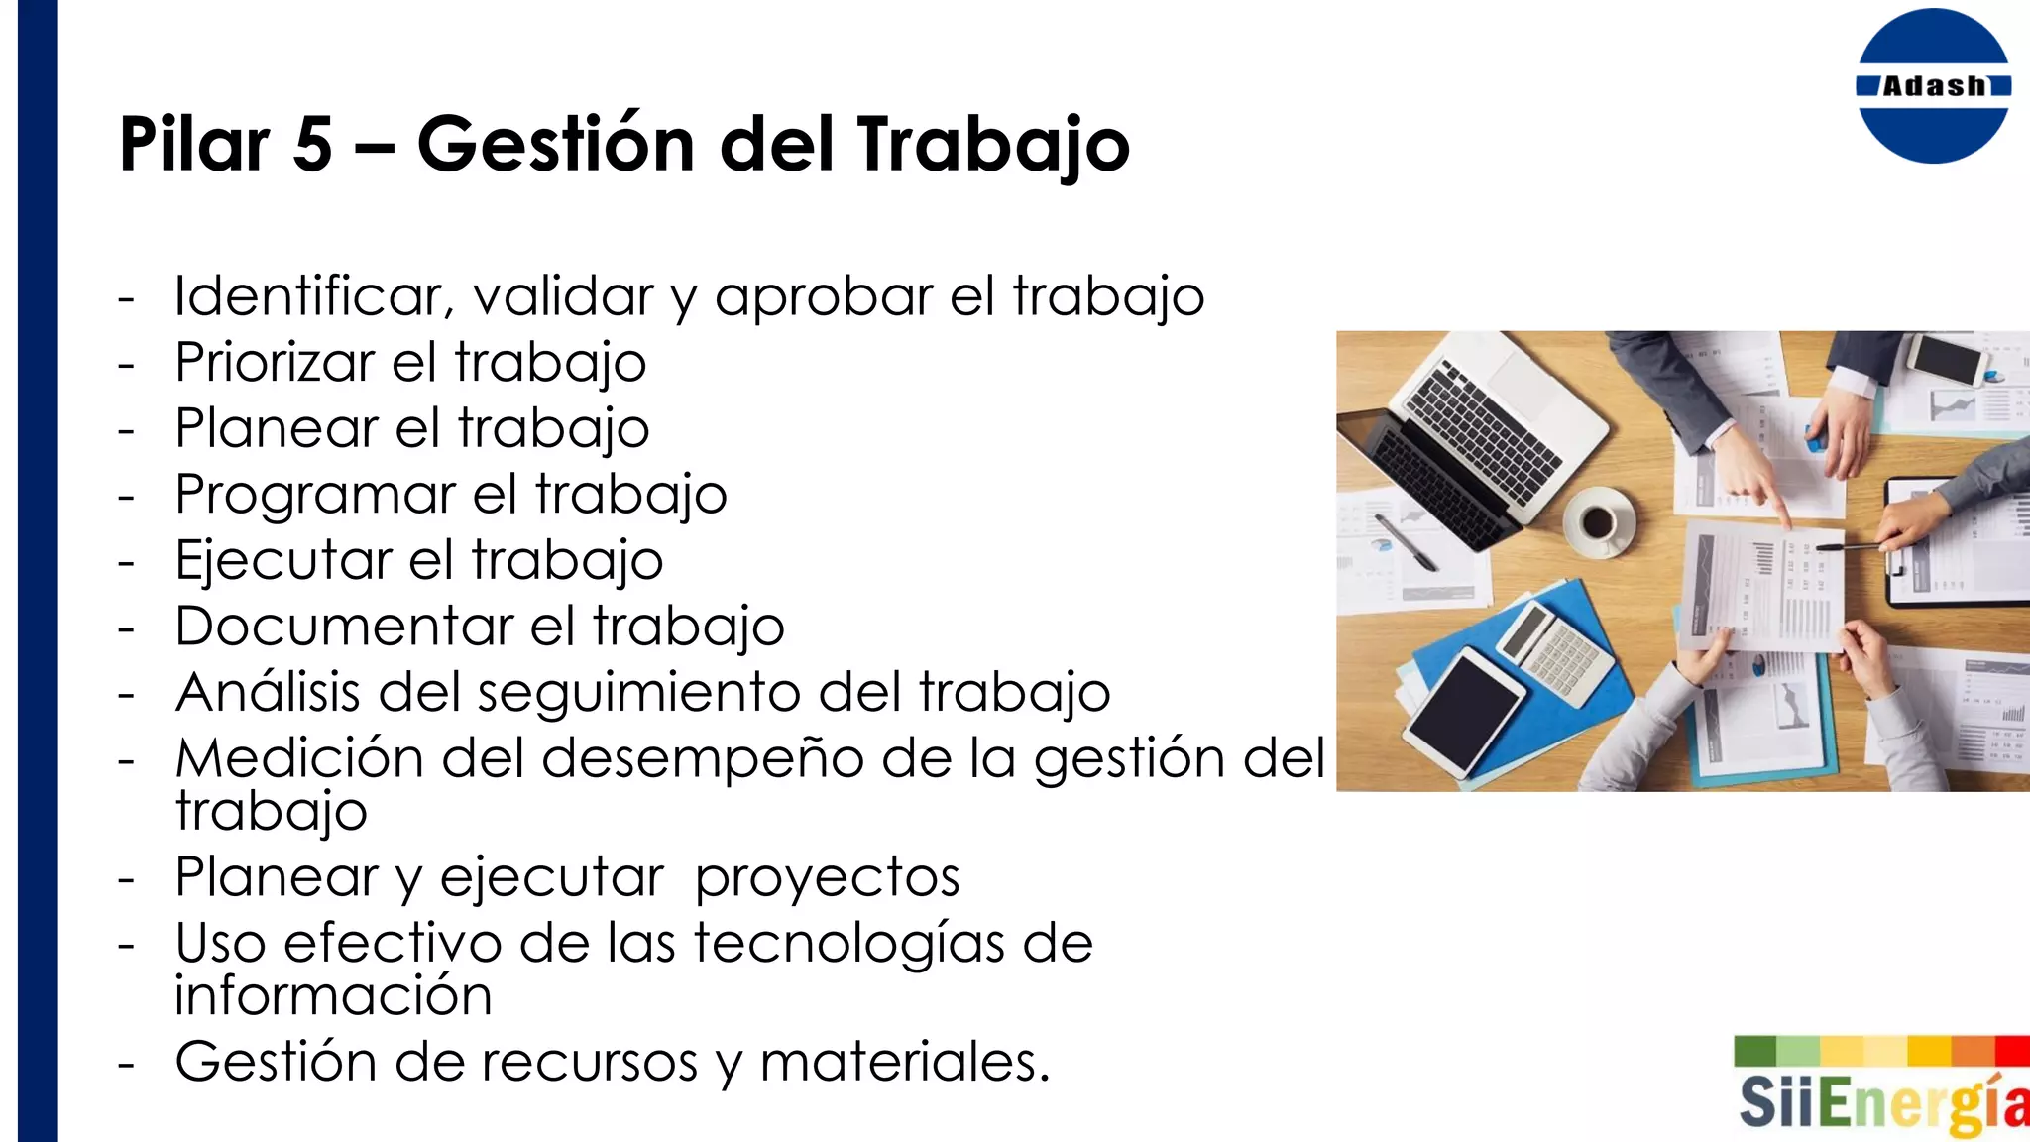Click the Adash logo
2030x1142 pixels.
coord(1933,86)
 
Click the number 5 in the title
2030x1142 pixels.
coord(312,145)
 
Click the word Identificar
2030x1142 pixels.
coord(314,296)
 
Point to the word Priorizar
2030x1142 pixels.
coord(275,363)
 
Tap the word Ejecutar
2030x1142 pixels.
coord(283,561)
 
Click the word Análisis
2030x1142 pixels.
coord(268,692)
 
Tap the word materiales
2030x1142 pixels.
coord(904,1063)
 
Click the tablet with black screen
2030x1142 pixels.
coord(1464,709)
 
